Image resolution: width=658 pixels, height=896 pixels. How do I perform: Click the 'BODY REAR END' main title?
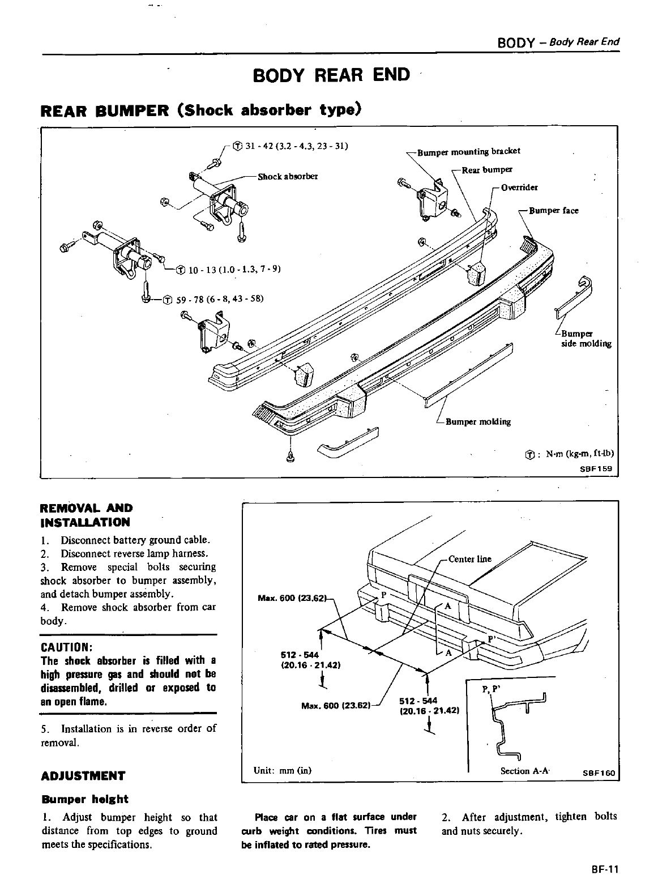331,75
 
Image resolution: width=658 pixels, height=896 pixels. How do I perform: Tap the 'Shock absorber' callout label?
288,176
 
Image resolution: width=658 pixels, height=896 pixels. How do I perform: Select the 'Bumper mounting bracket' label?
468,151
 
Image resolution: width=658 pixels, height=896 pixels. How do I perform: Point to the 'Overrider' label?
519,187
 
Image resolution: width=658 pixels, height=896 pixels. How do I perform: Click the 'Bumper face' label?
553,211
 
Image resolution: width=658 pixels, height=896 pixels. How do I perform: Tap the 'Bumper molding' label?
478,421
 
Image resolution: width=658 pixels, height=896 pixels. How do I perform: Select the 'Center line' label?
469,559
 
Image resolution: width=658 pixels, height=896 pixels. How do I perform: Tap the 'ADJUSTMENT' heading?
83,776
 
